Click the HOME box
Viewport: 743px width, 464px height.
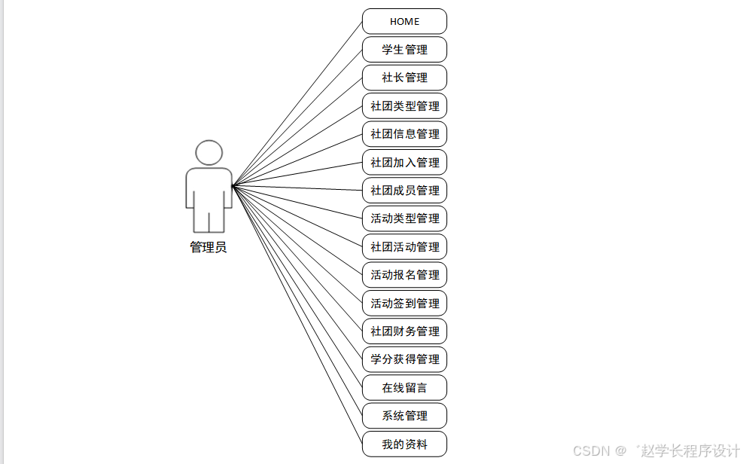[x=404, y=21]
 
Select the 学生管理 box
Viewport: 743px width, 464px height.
[x=404, y=50]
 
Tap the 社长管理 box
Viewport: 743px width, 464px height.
[x=404, y=78]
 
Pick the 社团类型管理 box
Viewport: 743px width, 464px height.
[x=404, y=106]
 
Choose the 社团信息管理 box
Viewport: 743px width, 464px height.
[x=404, y=134]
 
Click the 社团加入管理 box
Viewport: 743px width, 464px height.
[x=404, y=163]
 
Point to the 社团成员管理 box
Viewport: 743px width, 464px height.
[x=404, y=191]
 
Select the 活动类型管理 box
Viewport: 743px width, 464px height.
[x=404, y=218]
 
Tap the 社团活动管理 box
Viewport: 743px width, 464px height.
[x=404, y=247]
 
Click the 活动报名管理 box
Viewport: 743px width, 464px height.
[x=404, y=275]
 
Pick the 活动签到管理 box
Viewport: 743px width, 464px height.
[x=404, y=304]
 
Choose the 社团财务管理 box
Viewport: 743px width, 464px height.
[x=404, y=331]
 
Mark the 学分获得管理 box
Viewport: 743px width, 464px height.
[x=404, y=359]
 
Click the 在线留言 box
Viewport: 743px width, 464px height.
[x=404, y=388]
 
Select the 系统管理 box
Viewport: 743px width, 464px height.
[x=404, y=416]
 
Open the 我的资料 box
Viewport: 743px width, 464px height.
[x=404, y=444]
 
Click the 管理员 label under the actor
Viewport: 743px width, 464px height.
[x=209, y=247]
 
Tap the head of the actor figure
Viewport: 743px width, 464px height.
[x=209, y=153]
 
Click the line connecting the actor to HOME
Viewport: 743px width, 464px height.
[x=297, y=103]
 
